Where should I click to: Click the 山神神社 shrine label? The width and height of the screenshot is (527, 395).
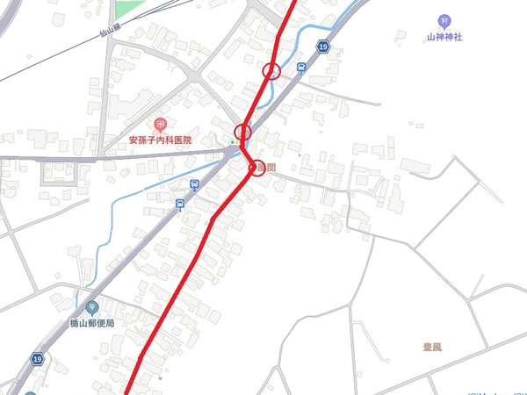click(x=444, y=38)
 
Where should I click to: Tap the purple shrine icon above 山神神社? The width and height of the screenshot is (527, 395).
click(x=444, y=22)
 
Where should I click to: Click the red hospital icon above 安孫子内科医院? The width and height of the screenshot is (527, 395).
click(x=160, y=126)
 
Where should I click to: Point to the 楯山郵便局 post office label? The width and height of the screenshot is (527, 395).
click(x=93, y=323)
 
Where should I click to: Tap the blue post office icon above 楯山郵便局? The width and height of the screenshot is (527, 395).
click(x=93, y=307)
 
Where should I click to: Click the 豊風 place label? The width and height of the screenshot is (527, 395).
click(x=431, y=348)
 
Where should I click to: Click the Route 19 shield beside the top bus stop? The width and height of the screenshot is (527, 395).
click(x=324, y=47)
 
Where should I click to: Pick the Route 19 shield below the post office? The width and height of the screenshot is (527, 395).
click(x=37, y=359)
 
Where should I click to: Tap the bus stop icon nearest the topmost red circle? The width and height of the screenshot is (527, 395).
click(x=301, y=68)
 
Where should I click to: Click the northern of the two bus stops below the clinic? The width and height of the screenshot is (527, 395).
click(x=193, y=185)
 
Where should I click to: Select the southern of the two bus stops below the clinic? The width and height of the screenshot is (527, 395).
click(x=179, y=205)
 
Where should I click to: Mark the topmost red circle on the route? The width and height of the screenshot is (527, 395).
click(x=272, y=70)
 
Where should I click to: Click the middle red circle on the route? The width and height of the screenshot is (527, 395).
click(x=243, y=133)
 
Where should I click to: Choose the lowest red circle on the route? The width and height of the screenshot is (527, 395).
click(x=256, y=167)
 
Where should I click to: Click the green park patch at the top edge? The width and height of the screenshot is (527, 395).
click(x=130, y=7)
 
